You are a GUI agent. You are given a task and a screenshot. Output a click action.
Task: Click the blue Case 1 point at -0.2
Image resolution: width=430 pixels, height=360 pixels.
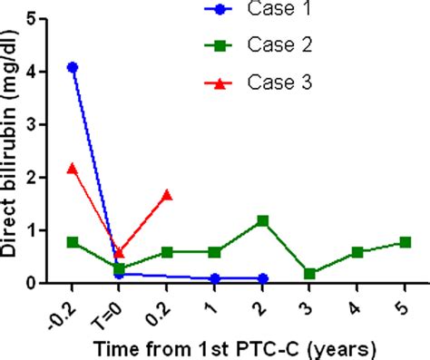click(73, 67)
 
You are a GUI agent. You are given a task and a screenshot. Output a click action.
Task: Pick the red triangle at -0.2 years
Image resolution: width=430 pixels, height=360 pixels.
click(73, 169)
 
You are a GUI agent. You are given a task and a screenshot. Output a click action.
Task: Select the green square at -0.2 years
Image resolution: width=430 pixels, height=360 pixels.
click(73, 242)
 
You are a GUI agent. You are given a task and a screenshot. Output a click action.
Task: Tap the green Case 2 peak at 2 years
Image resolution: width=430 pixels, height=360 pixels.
click(262, 220)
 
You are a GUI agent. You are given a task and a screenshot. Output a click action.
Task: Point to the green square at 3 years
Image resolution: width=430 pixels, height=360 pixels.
click(310, 274)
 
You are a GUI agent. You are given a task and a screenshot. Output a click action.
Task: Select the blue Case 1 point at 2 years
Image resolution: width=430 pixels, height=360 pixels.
click(262, 278)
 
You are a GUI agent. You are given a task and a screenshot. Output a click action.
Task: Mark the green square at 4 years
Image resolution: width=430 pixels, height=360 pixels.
click(357, 252)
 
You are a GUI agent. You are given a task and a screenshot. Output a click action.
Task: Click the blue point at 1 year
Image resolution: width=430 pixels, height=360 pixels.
click(215, 278)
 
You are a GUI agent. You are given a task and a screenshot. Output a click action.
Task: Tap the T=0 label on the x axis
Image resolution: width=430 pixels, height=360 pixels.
click(112, 309)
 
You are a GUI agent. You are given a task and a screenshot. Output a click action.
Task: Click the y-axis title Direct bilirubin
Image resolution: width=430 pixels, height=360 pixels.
click(12, 150)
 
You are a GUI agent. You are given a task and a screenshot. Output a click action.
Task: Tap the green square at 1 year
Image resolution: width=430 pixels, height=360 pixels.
click(215, 252)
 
